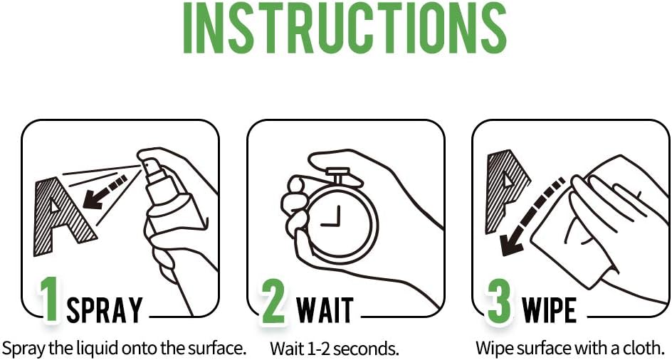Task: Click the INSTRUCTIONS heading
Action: (345, 28)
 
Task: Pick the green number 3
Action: (500, 300)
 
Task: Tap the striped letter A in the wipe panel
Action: (505, 191)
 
